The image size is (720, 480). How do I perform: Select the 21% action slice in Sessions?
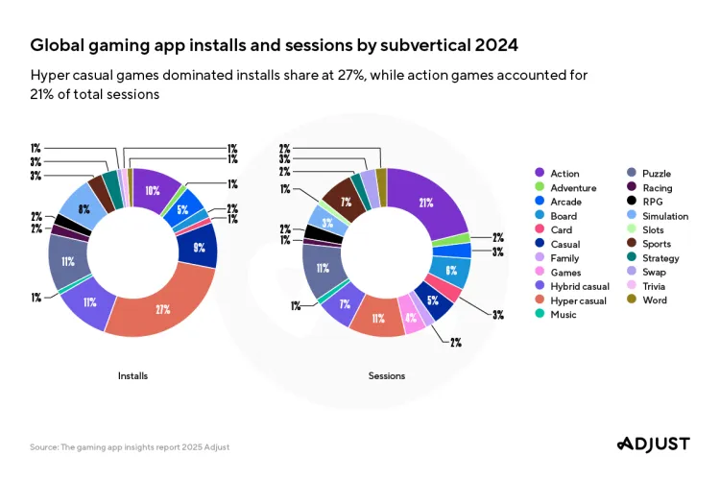425,203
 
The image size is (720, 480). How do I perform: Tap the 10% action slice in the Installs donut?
154,190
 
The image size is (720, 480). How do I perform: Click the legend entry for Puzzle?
656,173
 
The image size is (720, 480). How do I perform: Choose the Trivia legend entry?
656,285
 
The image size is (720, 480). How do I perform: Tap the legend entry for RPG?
653,202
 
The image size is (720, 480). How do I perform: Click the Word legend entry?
655,300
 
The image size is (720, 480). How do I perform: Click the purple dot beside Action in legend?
540,174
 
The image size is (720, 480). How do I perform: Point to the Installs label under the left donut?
132,375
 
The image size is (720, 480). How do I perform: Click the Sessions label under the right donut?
387,375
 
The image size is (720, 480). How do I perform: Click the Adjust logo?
652,444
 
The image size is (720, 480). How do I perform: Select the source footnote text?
130,447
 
